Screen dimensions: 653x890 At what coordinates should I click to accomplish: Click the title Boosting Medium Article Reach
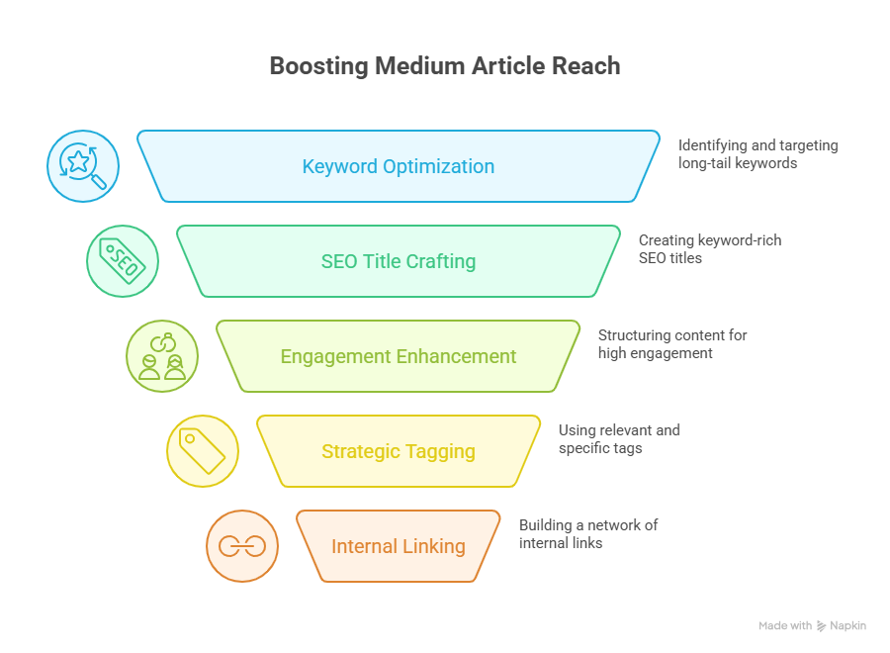coord(445,66)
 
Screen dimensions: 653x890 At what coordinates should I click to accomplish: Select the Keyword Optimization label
coord(399,166)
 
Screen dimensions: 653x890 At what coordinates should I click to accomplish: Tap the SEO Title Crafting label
coord(399,261)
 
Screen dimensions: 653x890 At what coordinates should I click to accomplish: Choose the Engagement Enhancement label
coord(399,356)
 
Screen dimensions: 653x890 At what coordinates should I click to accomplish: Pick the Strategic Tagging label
coord(399,451)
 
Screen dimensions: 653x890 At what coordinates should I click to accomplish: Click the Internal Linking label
coord(399,546)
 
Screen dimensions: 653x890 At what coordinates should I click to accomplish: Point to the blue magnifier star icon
coord(83,166)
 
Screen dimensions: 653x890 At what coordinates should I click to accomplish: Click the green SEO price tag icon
coord(123,261)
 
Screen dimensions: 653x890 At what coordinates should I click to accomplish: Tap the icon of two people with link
coord(162,356)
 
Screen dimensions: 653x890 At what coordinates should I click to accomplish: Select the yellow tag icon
coord(203,451)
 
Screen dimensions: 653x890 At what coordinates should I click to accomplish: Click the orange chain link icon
coord(242,546)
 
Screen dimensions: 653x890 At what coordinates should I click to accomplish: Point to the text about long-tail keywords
coord(757,153)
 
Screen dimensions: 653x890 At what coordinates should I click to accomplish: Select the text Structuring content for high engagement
coord(672,343)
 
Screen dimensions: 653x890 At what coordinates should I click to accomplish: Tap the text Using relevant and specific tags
coord(619,438)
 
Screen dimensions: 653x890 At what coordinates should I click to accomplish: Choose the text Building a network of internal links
coord(587,533)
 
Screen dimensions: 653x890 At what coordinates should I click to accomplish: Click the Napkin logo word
coord(847,626)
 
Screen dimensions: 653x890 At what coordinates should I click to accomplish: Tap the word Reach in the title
coord(587,66)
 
